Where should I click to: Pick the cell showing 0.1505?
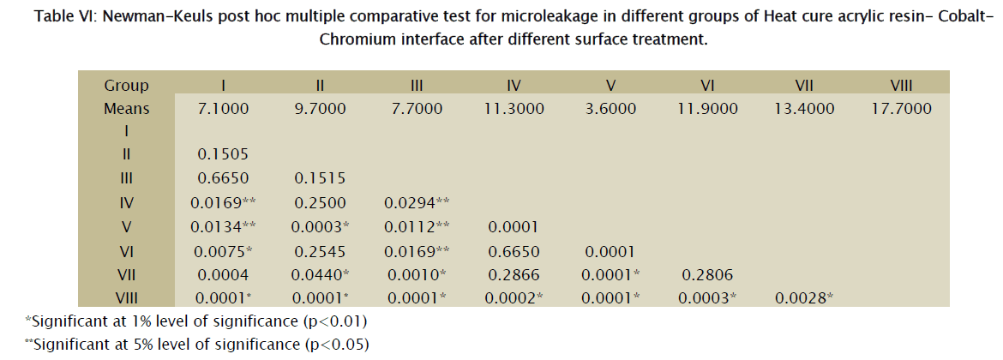(223, 156)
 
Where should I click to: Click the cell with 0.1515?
(319, 179)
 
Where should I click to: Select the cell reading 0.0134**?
(227, 227)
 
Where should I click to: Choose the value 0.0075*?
(225, 251)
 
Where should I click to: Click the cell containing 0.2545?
(319, 251)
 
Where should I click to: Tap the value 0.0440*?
(321, 275)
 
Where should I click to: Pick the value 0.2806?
(707, 275)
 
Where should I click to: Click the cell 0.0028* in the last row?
(806, 298)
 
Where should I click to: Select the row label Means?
(127, 109)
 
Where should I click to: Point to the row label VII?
(127, 275)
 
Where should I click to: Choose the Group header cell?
(127, 85)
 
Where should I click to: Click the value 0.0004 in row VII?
(223, 275)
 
